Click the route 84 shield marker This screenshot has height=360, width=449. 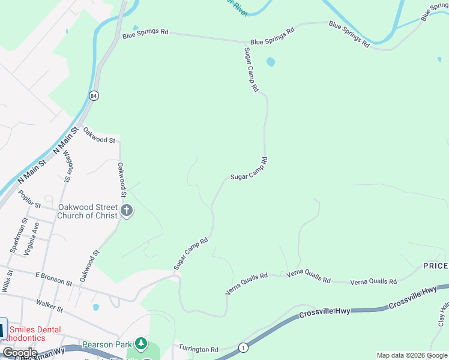pos(94,95)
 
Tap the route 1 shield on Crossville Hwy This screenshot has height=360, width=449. pos(243,347)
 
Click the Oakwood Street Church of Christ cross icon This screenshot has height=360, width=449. pos(126,211)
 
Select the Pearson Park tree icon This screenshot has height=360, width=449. pos(140,344)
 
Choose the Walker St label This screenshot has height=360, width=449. pos(50,306)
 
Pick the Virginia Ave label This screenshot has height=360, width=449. pos(32,239)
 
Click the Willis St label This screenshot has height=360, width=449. pos(7,281)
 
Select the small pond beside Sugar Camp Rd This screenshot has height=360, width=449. pos(271,62)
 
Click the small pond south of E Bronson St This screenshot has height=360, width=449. pos(96,307)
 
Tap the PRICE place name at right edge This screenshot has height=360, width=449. pos(435,266)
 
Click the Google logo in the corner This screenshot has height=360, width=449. pos(20,353)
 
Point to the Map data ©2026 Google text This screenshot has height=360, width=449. pos(412,355)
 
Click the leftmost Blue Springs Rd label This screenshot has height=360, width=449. pos(145,32)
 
